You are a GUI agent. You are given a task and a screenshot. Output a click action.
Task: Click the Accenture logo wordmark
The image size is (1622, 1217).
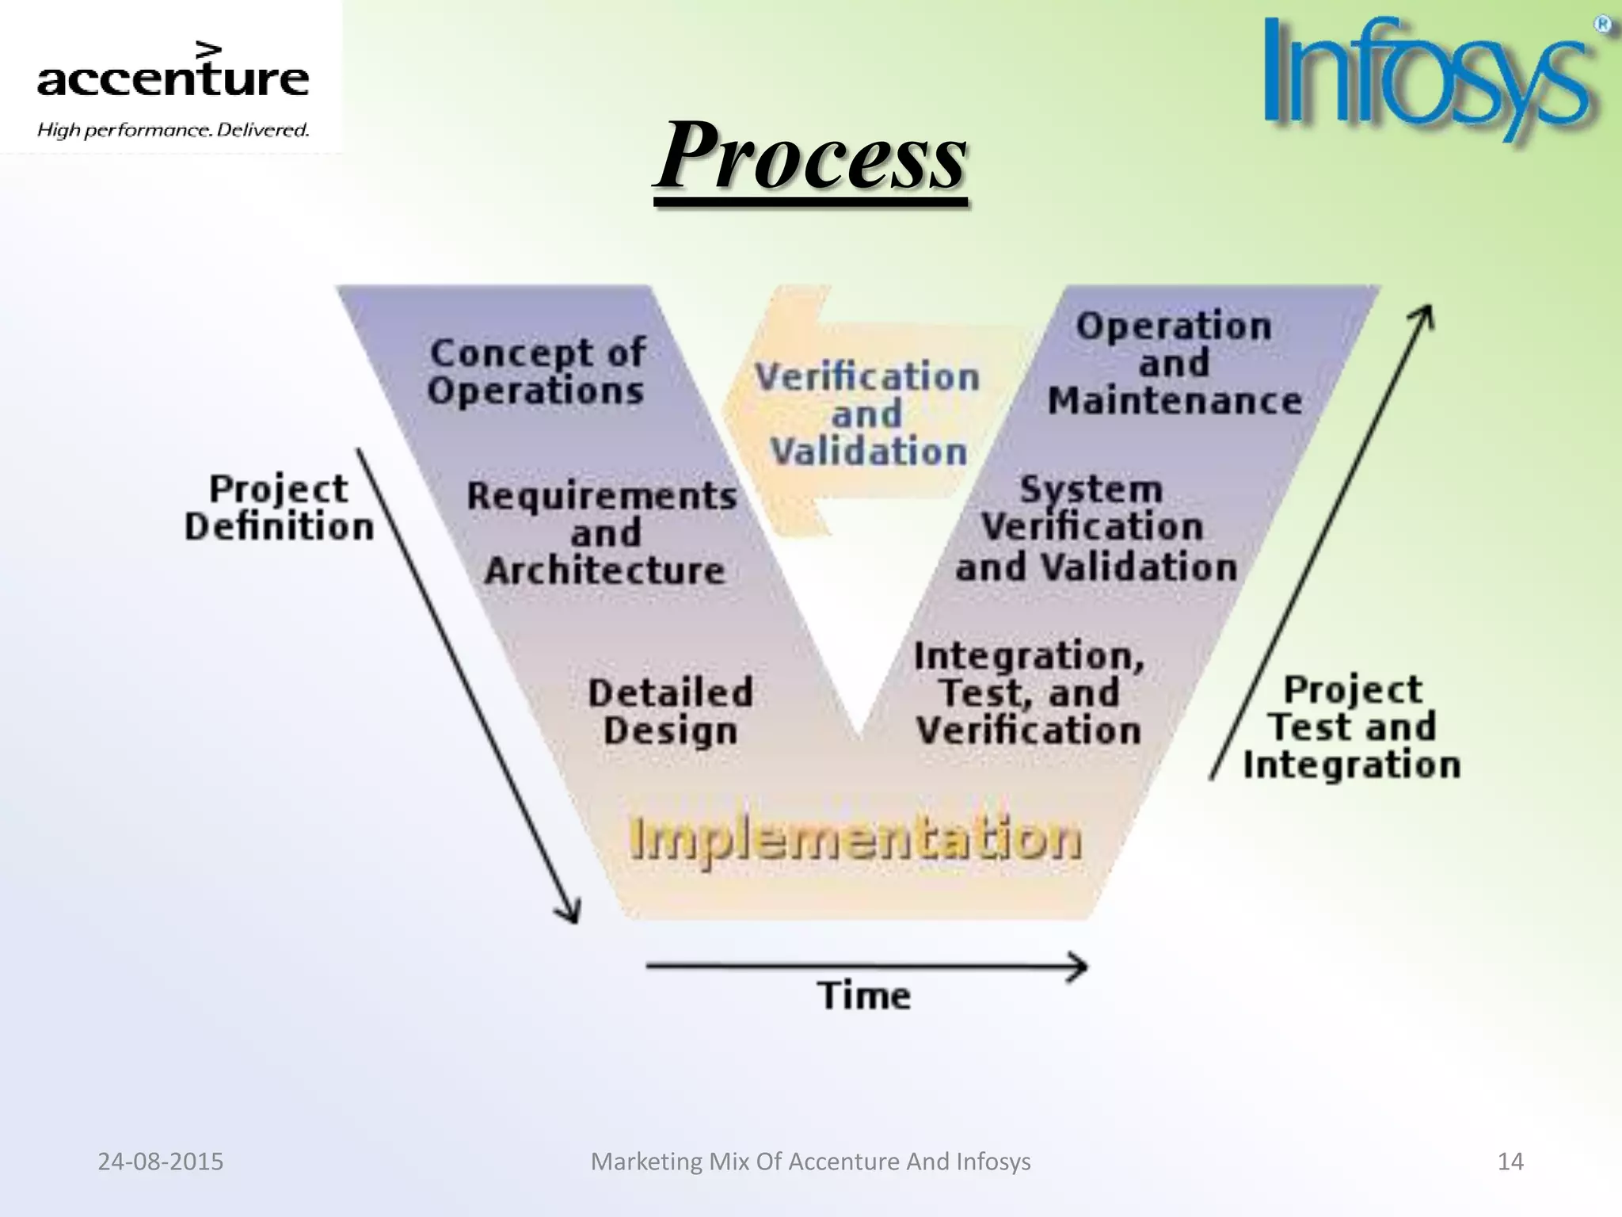[173, 77]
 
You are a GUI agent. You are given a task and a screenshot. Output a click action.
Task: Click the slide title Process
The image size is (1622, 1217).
[811, 155]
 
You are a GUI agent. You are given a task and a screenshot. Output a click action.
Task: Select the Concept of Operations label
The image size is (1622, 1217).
[536, 372]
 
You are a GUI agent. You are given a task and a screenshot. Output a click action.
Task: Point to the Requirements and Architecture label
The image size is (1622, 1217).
[603, 532]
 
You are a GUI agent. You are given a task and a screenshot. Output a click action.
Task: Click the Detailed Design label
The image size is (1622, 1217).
[670, 711]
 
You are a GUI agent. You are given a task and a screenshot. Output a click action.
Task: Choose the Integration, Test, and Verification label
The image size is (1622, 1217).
[1029, 692]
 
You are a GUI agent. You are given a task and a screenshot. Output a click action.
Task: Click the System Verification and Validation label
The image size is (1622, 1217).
[1095, 528]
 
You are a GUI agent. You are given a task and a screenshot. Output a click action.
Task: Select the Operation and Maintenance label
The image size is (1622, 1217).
[1175, 363]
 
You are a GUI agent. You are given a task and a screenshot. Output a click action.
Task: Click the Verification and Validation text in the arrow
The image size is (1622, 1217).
[868, 414]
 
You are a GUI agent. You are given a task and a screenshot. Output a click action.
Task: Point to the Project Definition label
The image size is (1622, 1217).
[278, 508]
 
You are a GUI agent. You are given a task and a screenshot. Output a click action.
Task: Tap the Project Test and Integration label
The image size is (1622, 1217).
[1352, 727]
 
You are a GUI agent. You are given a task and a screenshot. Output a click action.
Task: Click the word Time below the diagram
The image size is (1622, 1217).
[864, 995]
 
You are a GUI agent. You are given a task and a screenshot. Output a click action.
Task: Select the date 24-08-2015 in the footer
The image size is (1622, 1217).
[161, 1162]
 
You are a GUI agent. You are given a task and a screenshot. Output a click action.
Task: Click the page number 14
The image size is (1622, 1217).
[1510, 1162]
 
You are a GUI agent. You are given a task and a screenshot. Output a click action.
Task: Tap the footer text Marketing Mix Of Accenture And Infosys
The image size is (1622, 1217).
[811, 1162]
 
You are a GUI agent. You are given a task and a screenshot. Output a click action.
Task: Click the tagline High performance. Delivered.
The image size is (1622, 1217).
[173, 129]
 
